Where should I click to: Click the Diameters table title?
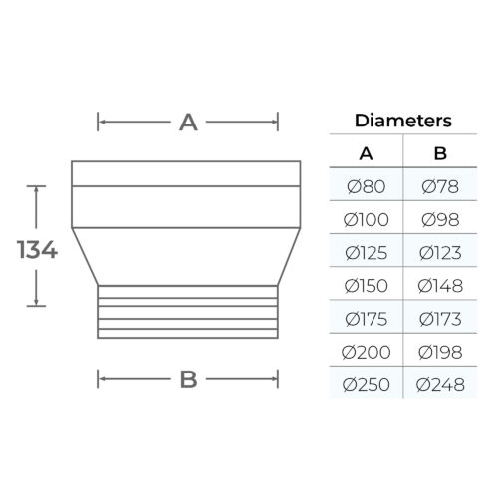click(403, 121)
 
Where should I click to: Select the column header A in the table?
click(366, 154)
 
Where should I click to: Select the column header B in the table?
click(440, 153)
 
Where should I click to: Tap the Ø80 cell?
click(366, 186)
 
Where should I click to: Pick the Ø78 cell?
click(440, 186)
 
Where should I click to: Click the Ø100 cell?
click(366, 220)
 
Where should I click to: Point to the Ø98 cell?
click(440, 220)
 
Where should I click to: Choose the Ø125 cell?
click(366, 253)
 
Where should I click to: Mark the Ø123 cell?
click(440, 253)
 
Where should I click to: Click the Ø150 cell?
click(366, 286)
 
